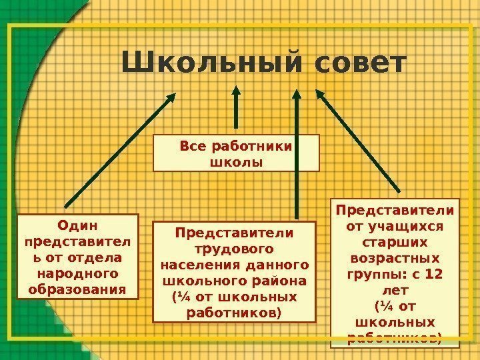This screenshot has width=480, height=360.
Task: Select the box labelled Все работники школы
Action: (236, 153)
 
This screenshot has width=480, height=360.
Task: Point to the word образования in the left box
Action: (77, 290)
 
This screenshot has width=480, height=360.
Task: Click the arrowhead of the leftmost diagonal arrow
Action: (171, 97)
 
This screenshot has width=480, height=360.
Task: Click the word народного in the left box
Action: (77, 273)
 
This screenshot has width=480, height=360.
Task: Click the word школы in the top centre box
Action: (236, 162)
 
